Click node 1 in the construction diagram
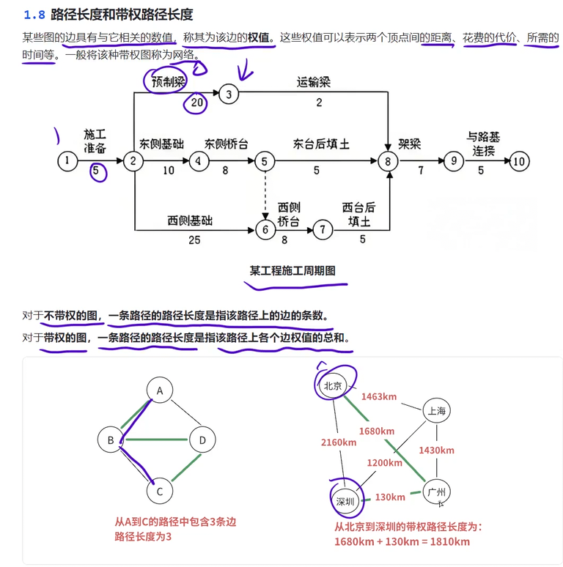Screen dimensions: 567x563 [x=67, y=161]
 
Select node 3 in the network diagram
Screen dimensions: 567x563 [x=229, y=94]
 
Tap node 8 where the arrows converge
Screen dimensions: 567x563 [x=388, y=162]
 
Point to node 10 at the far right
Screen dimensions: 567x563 [x=519, y=162]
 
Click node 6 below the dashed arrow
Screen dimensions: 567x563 [x=265, y=229]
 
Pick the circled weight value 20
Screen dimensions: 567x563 [x=196, y=103]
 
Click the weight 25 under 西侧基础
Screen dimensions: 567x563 [x=194, y=239]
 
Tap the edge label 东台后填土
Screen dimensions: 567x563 [x=320, y=144]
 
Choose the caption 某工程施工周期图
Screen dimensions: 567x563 [x=292, y=270]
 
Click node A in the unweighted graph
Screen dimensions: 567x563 [x=159, y=390]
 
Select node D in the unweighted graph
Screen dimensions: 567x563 [x=202, y=440]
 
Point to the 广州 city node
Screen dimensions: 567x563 [x=437, y=492]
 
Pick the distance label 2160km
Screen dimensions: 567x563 [x=339, y=442]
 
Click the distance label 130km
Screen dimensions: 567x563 [x=390, y=497]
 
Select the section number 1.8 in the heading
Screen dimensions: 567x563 [x=34, y=14]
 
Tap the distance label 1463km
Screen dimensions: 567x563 [x=379, y=397]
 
